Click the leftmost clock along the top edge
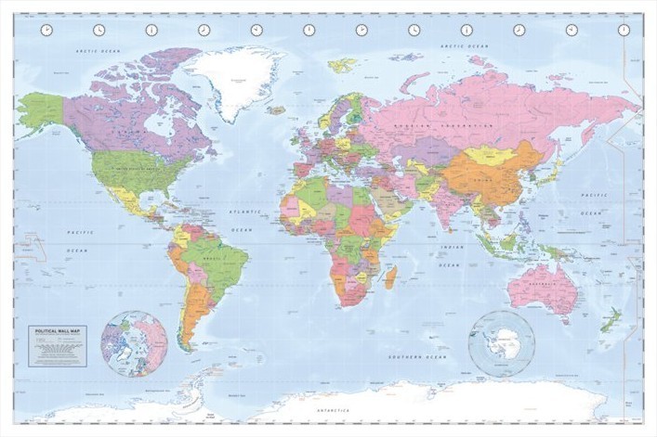pyautogui.click(x=46, y=30)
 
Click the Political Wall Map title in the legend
pyautogui.click(x=57, y=332)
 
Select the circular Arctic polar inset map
pyautogui.click(x=135, y=343)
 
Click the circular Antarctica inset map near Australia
pyautogui.click(x=502, y=342)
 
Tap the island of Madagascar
pyautogui.click(x=391, y=276)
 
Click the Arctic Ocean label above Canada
pyautogui.click(x=99, y=51)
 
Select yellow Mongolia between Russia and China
pyautogui.click(x=488, y=155)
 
